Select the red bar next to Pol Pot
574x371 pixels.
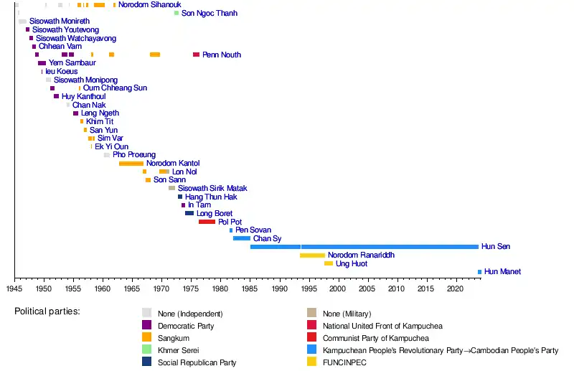207,222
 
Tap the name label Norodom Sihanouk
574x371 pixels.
149,5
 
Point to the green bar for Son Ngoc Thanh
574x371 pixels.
177,13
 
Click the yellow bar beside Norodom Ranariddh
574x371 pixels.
312,255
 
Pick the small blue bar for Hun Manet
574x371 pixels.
479,272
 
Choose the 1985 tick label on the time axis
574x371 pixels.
249,288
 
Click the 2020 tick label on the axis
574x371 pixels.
454,288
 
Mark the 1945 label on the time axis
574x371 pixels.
14,288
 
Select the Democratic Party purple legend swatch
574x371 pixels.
146,325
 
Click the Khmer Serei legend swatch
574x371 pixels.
146,350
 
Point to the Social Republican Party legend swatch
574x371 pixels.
146,362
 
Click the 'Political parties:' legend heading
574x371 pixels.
47,312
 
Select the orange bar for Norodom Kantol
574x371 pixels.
131,164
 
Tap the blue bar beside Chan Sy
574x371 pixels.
242,238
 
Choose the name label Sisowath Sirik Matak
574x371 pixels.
212,189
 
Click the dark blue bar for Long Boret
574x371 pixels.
189,213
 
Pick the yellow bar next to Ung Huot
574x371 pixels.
329,263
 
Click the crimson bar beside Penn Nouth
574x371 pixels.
196,55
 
